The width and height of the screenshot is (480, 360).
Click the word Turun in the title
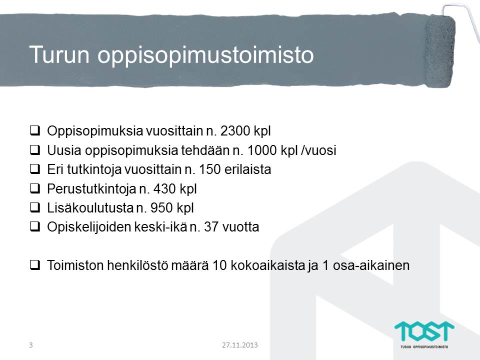click(59, 54)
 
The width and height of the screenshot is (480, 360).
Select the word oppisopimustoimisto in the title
click(205, 55)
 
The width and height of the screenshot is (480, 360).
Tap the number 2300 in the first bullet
click(235, 131)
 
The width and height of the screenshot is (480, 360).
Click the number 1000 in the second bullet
click(262, 150)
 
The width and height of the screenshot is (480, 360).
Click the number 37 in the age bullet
click(211, 227)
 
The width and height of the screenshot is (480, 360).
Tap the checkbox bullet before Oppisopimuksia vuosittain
click(35, 130)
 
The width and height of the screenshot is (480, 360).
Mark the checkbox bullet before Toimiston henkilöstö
click(35, 265)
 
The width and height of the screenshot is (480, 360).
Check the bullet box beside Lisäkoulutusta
click(35, 207)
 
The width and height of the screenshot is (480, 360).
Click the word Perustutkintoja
click(91, 189)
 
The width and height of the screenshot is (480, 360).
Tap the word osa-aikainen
click(371, 265)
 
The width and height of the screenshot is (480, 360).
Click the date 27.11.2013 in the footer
click(240, 345)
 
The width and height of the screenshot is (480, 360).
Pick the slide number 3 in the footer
click(30, 345)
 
